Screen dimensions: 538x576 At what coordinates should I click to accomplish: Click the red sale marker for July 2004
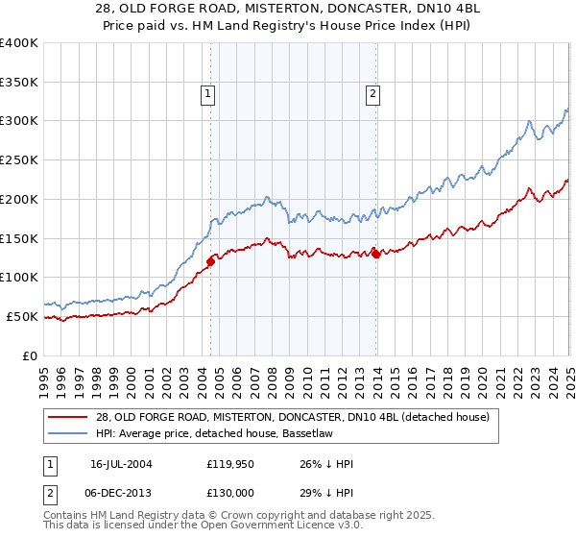pyautogui.click(x=211, y=259)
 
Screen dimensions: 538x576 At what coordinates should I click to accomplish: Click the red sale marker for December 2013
pyautogui.click(x=376, y=254)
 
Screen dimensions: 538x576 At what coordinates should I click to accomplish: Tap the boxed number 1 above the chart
pyautogui.click(x=208, y=94)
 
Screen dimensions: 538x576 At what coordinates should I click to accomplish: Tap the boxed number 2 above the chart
pyautogui.click(x=372, y=94)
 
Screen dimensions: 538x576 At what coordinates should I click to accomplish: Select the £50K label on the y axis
pyautogui.click(x=22, y=316)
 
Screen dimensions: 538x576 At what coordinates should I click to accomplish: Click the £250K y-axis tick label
pyautogui.click(x=18, y=159)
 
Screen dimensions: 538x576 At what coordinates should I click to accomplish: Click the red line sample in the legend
pyautogui.click(x=68, y=417)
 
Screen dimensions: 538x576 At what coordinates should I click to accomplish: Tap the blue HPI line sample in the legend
pyautogui.click(x=68, y=434)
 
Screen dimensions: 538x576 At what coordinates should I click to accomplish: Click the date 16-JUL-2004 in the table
pyautogui.click(x=125, y=464)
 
